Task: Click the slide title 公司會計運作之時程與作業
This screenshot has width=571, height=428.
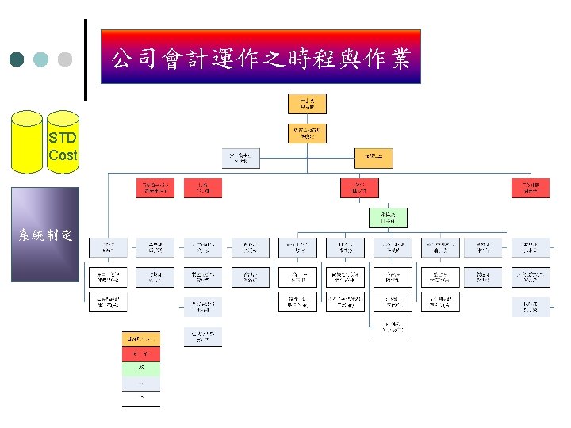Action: pyautogui.click(x=260, y=57)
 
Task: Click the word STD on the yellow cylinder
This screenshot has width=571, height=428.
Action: pyautogui.click(x=62, y=138)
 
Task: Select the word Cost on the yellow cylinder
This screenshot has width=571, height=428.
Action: pyautogui.click(x=62, y=155)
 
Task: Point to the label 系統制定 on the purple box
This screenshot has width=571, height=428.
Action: pyautogui.click(x=45, y=235)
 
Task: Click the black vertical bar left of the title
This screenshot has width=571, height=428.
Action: pyautogui.click(x=85, y=60)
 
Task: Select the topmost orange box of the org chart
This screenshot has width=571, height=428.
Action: pyautogui.click(x=306, y=104)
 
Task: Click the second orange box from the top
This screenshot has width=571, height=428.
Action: pyautogui.click(x=306, y=132)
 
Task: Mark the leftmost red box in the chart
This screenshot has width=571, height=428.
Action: pyautogui.click(x=155, y=187)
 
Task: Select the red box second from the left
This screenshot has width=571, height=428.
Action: pyautogui.click(x=203, y=187)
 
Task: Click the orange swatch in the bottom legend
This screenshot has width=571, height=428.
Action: pyautogui.click(x=140, y=338)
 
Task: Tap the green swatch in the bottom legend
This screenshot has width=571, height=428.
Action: pyautogui.click(x=140, y=369)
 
